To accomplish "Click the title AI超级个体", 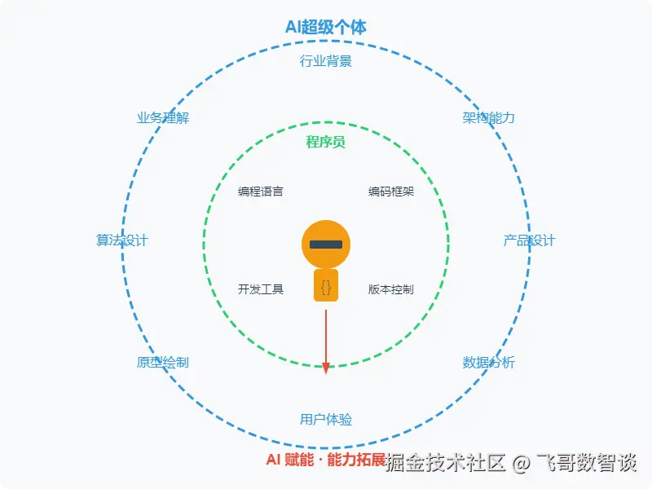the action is (x=326, y=27).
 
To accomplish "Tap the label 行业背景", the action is (x=326, y=61).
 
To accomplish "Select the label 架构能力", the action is (x=489, y=118).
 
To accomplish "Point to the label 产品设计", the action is (x=529, y=240).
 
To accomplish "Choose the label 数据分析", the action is (x=489, y=363).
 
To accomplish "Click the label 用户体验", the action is (x=326, y=420).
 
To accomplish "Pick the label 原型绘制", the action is (x=163, y=363).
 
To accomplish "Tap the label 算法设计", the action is (x=122, y=240).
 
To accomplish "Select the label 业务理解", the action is (x=163, y=118).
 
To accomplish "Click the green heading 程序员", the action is (x=326, y=143).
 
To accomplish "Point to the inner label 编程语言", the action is (x=261, y=192).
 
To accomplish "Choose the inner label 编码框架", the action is (x=391, y=192).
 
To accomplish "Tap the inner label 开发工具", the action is (x=261, y=289).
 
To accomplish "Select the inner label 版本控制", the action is (x=391, y=289).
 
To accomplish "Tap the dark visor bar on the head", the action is (x=326, y=244).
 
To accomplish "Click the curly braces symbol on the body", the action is (x=326, y=287).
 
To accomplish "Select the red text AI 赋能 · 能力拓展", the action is (x=326, y=460).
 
